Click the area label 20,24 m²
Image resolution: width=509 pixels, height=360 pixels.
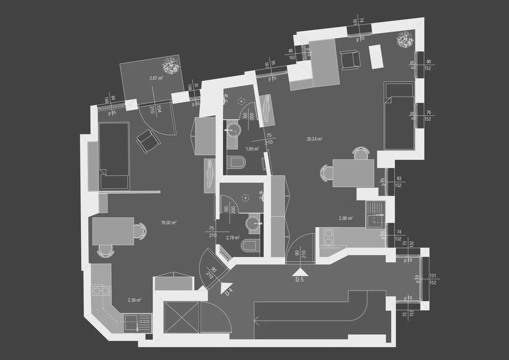(315, 139)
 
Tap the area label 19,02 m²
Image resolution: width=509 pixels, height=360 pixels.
(169, 223)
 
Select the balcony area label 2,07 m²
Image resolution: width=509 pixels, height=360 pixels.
(156, 78)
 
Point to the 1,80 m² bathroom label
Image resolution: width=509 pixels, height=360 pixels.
(252, 149)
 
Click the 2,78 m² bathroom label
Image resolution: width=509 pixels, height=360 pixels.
(233, 238)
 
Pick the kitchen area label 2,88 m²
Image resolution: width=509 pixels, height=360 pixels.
(346, 218)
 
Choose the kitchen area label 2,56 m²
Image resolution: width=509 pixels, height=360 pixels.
(135, 300)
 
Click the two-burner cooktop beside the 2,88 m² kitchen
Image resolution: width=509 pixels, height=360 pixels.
(329, 237)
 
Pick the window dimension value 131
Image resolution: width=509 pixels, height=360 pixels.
(433, 276)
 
